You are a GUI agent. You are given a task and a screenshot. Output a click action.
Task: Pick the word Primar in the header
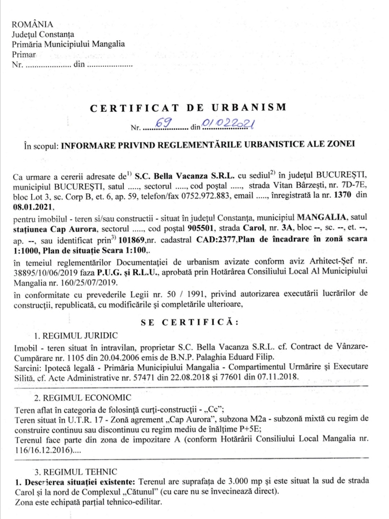click(x=24, y=54)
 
